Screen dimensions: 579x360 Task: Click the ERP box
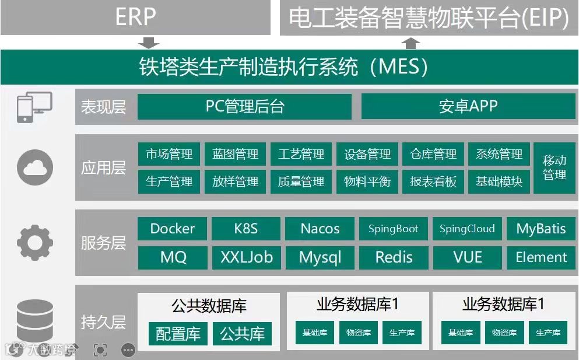coord(135,17)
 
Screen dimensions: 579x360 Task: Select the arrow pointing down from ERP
coord(150,43)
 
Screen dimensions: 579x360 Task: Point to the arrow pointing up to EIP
coord(412,43)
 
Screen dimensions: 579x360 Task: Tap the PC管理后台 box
coord(244,107)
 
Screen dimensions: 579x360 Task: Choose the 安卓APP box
coord(468,107)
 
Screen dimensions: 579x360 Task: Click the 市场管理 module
coord(169,155)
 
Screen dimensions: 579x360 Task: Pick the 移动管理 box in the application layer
coord(554,167)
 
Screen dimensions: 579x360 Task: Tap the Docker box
coord(173,229)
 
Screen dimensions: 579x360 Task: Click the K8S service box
coord(245,229)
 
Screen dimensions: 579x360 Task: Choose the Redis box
coord(394,257)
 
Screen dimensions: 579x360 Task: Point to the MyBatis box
coord(541,229)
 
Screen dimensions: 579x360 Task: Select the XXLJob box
coord(246,257)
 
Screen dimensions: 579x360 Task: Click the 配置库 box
coord(178,334)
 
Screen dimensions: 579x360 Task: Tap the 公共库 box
coord(243,334)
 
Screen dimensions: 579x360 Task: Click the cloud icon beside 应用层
coord(35,167)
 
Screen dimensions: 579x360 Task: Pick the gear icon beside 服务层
coord(35,242)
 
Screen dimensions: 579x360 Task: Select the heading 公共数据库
coord(209,306)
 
